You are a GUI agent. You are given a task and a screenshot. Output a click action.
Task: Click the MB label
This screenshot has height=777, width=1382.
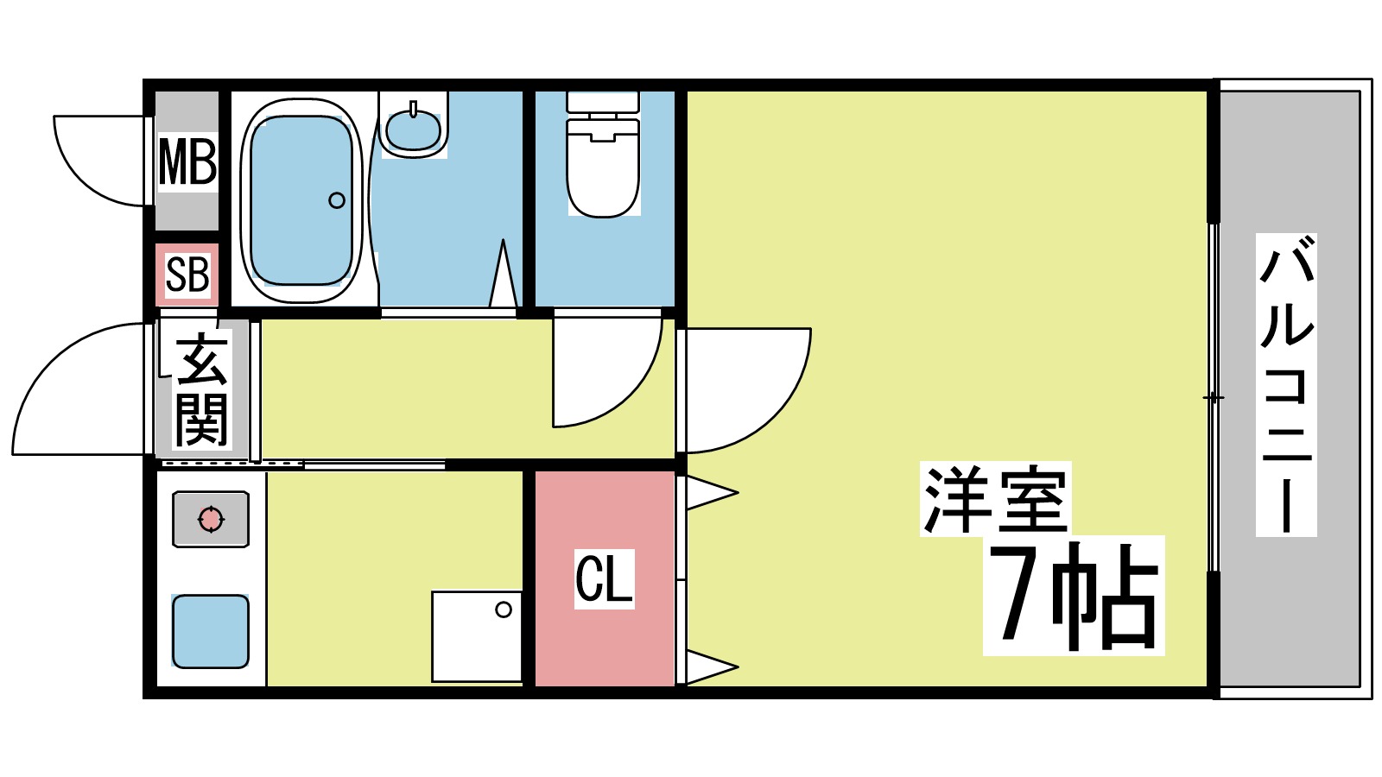[x=187, y=162]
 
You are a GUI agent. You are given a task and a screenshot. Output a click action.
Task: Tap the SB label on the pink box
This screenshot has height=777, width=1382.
[x=187, y=275]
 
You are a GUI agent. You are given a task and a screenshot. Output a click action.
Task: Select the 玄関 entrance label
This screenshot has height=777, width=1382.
[x=202, y=389]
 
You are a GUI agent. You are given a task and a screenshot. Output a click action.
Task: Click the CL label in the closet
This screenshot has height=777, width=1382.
[x=605, y=579]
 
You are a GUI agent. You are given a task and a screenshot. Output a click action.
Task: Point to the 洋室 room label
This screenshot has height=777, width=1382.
[x=995, y=499]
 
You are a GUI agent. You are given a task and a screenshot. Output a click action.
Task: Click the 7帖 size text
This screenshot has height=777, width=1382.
[x=1074, y=596]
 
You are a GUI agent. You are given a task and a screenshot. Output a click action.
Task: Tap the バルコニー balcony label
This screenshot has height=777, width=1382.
[x=1286, y=385]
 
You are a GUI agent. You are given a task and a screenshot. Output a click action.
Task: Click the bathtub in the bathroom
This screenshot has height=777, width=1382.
[x=301, y=200]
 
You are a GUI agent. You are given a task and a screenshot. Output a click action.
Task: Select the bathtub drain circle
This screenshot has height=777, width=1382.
[x=337, y=200]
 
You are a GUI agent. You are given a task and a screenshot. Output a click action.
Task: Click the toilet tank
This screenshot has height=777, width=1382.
[x=603, y=102]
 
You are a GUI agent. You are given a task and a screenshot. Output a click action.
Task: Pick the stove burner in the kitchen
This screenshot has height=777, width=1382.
[x=211, y=520]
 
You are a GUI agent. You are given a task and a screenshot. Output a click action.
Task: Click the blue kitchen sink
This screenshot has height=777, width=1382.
[x=211, y=631]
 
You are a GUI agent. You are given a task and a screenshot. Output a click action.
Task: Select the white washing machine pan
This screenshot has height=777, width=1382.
[x=477, y=636]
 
